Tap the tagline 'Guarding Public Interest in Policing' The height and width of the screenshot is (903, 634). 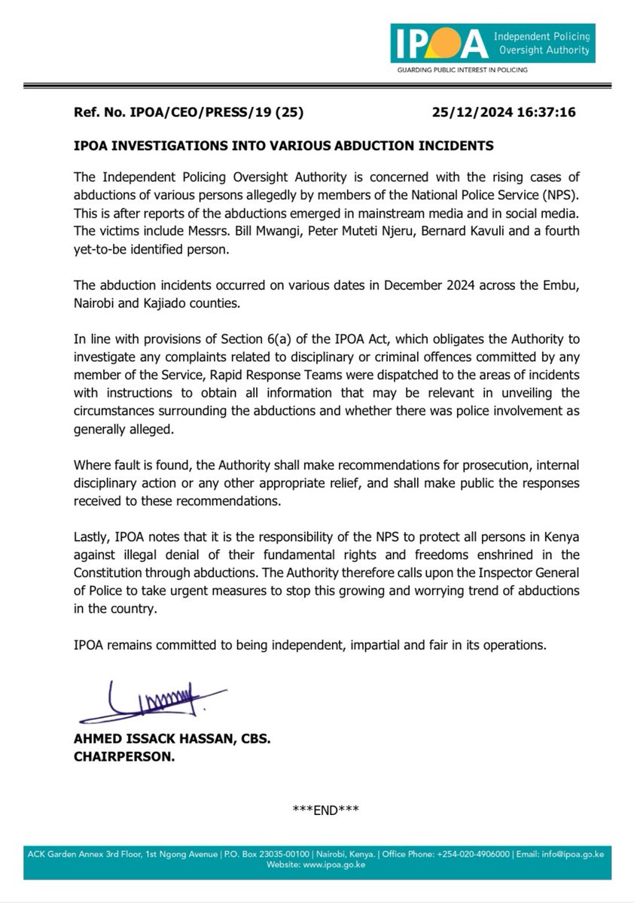(462, 69)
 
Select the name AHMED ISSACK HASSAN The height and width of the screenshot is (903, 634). (151, 740)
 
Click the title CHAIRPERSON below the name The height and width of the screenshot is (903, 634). (123, 758)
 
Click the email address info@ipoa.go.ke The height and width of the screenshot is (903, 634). (580, 854)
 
